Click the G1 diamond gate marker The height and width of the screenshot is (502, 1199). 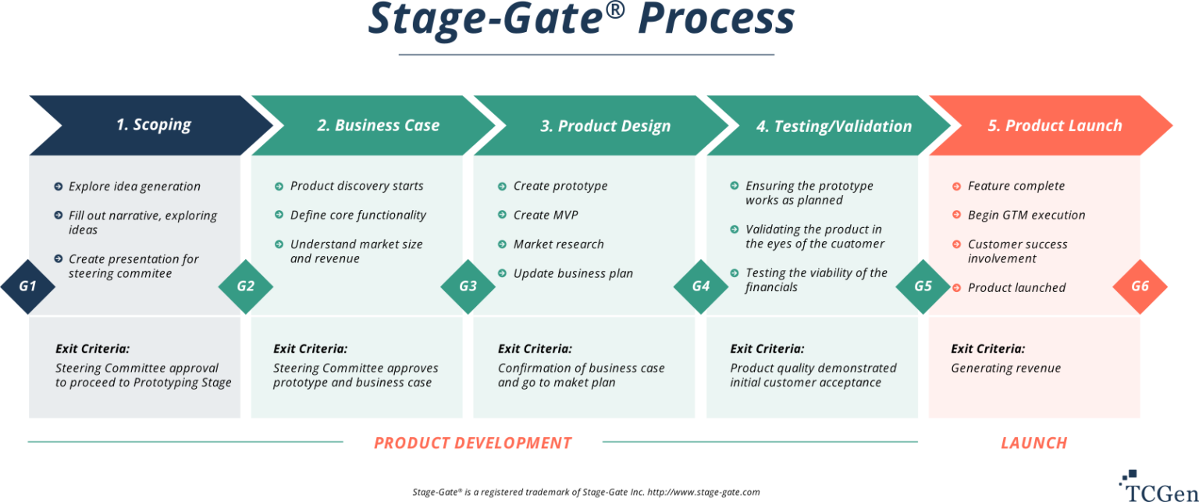click(x=27, y=286)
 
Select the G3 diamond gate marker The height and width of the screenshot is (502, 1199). click(x=468, y=286)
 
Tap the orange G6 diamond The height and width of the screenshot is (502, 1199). click(x=1140, y=286)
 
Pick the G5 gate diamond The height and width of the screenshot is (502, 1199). click(x=923, y=286)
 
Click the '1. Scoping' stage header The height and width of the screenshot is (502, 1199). click(x=153, y=125)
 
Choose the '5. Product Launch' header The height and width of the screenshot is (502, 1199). click(x=1054, y=125)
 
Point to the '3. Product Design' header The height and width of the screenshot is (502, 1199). click(x=605, y=126)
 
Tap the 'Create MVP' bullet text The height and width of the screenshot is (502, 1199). click(x=546, y=215)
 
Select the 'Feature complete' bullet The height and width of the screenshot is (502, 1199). click(x=1016, y=186)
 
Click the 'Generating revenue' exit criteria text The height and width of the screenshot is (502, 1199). click(x=1005, y=368)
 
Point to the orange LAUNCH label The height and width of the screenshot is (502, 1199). click(x=1034, y=443)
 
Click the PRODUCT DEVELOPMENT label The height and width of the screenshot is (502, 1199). click(x=472, y=443)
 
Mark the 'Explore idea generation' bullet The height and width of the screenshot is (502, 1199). click(x=134, y=187)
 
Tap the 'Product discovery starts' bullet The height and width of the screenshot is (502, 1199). click(x=357, y=186)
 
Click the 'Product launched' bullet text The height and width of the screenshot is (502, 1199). click(x=1016, y=287)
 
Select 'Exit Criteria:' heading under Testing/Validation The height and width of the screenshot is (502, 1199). click(x=767, y=349)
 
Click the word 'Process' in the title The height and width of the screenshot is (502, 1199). click(x=716, y=20)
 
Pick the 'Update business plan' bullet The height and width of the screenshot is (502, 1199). click(x=573, y=273)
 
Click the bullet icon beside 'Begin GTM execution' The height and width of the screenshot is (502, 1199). click(x=956, y=215)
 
